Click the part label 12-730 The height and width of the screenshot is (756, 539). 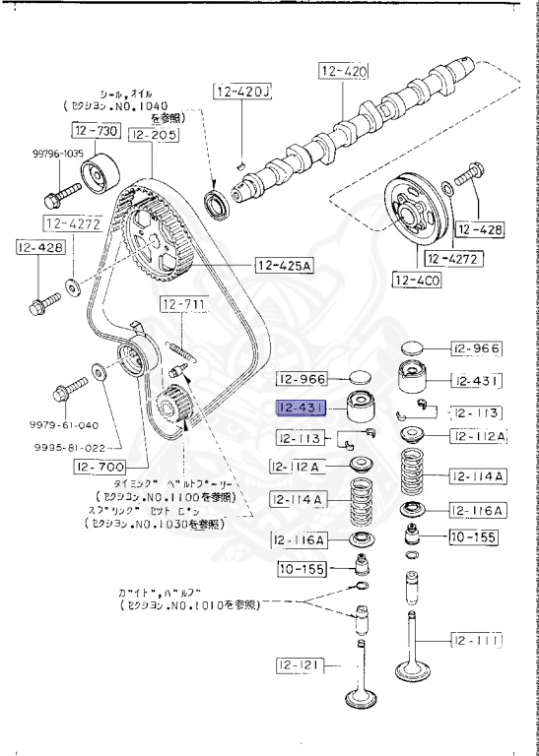click(95, 131)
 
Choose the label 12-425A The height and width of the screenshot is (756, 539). click(282, 264)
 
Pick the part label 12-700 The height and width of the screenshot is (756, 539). click(99, 468)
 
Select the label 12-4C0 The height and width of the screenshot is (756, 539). click(418, 281)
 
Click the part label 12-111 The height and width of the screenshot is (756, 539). click(477, 640)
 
